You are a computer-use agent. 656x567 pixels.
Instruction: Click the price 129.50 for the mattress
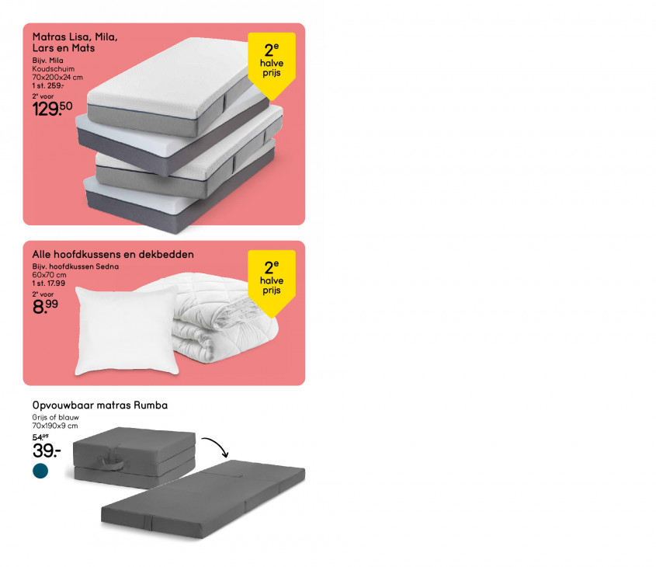[52, 109]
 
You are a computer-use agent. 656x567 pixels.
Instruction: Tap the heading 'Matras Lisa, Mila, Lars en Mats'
[75, 42]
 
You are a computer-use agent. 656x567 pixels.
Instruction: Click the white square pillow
[127, 330]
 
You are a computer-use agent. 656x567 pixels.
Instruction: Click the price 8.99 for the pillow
[45, 306]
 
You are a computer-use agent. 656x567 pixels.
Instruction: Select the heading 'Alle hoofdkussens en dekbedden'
[113, 255]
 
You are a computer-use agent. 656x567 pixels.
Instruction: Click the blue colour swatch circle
[40, 471]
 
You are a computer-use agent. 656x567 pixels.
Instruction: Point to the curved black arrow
[219, 444]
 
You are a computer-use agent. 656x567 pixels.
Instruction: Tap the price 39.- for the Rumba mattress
[47, 450]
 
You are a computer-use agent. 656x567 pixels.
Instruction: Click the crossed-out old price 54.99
[40, 437]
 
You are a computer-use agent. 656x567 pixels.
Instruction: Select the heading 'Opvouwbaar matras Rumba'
[100, 405]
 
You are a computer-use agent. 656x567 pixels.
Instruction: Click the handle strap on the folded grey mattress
[112, 461]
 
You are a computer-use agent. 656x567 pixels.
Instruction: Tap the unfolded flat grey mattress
[203, 499]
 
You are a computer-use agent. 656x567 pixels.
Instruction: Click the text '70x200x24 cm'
[57, 78]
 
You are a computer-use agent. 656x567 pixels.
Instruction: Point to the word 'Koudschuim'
[53, 69]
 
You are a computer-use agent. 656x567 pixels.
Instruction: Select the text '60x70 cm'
[49, 275]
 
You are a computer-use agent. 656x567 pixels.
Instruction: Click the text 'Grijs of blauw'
[55, 418]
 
